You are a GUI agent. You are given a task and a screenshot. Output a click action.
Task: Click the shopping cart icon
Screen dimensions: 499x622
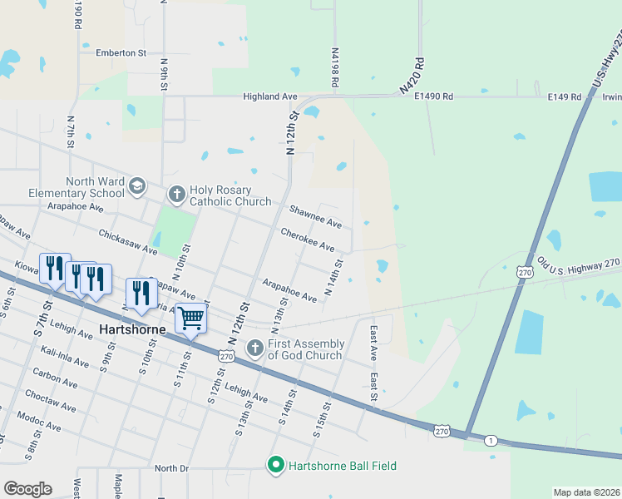tap(191, 317)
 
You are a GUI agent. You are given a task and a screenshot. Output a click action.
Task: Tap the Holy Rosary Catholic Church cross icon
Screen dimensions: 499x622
tap(176, 195)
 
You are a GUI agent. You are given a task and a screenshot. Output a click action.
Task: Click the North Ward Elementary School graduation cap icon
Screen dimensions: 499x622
tap(136, 187)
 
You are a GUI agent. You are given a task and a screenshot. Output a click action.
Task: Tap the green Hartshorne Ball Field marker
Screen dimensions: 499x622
tap(276, 465)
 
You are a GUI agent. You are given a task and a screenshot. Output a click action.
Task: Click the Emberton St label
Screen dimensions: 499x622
tap(121, 52)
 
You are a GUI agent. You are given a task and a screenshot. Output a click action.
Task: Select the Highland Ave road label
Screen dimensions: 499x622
tap(269, 96)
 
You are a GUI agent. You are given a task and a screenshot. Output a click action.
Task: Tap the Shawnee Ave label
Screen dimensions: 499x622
tap(315, 217)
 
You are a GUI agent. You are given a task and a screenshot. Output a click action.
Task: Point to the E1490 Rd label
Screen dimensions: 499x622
tap(433, 96)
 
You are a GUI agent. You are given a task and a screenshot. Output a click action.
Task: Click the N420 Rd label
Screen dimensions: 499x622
tap(411, 75)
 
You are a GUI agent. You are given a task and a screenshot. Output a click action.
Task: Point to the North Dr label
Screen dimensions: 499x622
tap(171, 468)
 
